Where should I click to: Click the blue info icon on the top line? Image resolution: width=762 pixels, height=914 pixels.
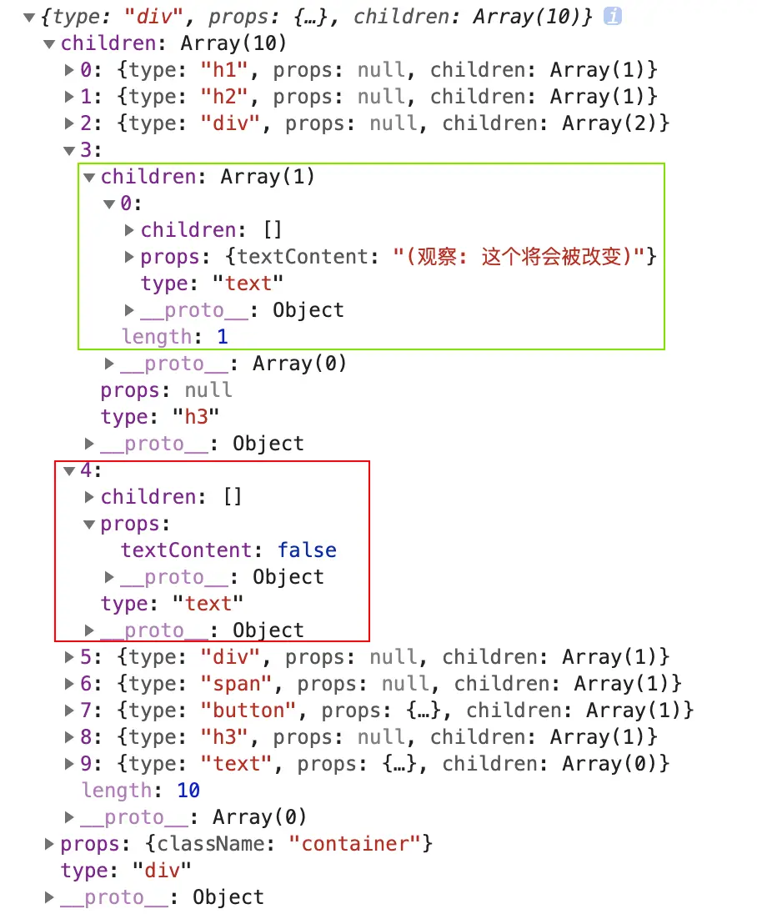coord(612,17)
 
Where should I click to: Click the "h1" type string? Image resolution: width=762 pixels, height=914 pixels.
coord(224,70)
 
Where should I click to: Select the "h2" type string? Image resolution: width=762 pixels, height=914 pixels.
coord(224,97)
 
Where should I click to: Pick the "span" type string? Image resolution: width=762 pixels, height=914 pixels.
coord(236,684)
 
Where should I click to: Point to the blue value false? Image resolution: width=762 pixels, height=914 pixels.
coord(307,550)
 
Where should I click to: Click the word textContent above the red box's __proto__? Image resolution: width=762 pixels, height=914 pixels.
coord(187,550)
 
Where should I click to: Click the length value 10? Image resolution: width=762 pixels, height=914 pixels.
coord(188,791)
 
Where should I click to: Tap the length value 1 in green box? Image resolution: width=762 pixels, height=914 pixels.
coord(223,337)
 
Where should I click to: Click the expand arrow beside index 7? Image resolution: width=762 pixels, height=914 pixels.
coord(69,711)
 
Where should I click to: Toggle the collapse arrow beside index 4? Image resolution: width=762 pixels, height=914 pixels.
coord(69,470)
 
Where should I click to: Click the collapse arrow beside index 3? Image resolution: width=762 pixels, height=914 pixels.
coord(69,150)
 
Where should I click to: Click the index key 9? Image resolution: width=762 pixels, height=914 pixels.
coord(86,764)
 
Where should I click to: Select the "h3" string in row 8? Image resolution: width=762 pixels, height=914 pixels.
coord(224,737)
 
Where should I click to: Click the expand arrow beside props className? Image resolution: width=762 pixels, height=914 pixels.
coord(49,844)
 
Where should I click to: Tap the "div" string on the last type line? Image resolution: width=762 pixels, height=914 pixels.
coord(162,871)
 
